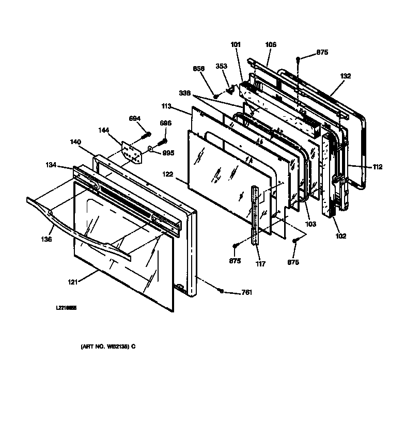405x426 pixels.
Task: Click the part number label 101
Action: (236, 45)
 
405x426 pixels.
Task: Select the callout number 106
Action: (271, 45)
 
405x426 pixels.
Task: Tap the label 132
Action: (346, 76)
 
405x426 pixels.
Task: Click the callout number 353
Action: (221, 66)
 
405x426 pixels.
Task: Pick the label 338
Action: (184, 93)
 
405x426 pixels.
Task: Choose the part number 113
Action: (166, 107)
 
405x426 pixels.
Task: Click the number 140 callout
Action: (76, 140)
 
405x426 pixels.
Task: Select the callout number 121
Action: (72, 282)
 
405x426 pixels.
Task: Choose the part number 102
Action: (340, 236)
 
